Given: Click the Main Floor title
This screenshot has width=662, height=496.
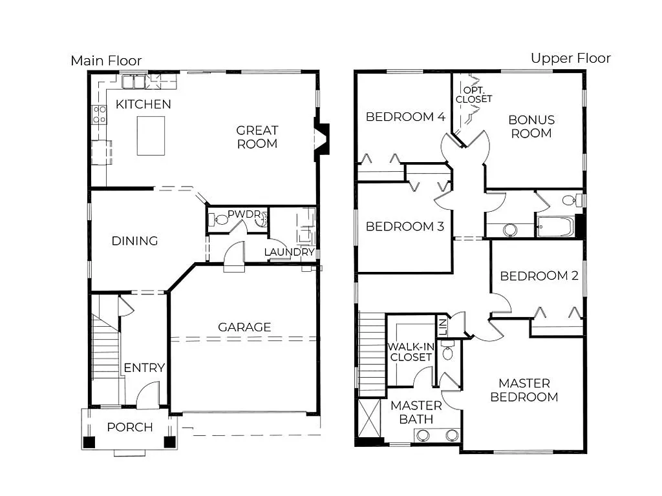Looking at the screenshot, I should [x=106, y=61].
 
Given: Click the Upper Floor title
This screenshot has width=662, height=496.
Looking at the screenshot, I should [x=570, y=58].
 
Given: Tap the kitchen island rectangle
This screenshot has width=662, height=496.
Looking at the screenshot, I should [x=151, y=136].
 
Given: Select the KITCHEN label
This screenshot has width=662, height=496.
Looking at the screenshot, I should [x=144, y=104].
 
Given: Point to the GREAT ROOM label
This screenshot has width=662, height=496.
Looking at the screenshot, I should [x=257, y=137].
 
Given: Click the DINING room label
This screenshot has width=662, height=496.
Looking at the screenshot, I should [x=134, y=241].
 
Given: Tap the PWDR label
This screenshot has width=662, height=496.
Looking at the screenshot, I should [x=240, y=212].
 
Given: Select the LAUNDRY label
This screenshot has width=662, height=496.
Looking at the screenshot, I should [x=290, y=252].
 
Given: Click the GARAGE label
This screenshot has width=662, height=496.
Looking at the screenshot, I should [x=244, y=327].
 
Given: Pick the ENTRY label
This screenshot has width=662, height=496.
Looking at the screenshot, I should [x=144, y=367].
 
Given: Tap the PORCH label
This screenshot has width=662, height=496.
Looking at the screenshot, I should [x=130, y=427].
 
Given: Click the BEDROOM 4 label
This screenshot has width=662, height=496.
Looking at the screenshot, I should [x=405, y=117].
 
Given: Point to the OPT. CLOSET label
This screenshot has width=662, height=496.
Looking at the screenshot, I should [x=473, y=94].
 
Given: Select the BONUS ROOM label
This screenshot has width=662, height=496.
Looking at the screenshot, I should [x=531, y=127].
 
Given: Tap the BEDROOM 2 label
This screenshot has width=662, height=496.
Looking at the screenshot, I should [x=539, y=276].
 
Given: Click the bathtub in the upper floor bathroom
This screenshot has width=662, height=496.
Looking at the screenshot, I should [x=555, y=227].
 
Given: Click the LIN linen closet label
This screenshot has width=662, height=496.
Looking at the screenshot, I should [x=442, y=326].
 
